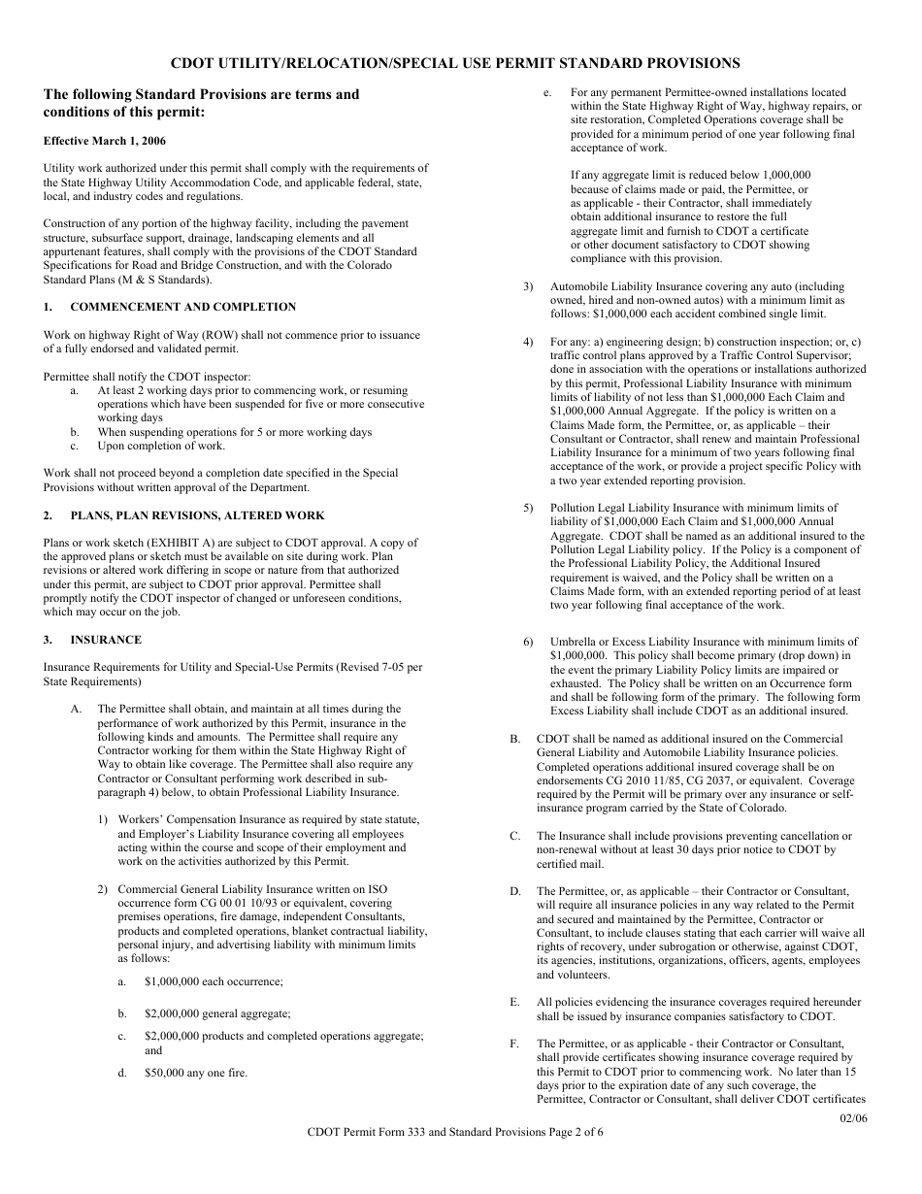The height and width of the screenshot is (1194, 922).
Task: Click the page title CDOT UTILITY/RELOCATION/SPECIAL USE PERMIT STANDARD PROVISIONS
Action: click(x=455, y=63)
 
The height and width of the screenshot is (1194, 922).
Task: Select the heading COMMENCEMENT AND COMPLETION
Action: click(x=182, y=307)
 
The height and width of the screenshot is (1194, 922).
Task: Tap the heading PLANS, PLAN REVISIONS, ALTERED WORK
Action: click(x=197, y=515)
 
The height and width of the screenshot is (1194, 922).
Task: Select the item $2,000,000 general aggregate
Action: click(x=216, y=1013)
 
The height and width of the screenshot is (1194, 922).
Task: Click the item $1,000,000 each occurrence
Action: click(x=213, y=982)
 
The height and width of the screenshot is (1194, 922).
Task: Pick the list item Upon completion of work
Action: click(x=160, y=446)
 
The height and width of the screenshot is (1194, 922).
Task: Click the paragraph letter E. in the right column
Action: click(x=514, y=1002)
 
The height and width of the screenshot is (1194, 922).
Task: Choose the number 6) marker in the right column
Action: click(x=528, y=642)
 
